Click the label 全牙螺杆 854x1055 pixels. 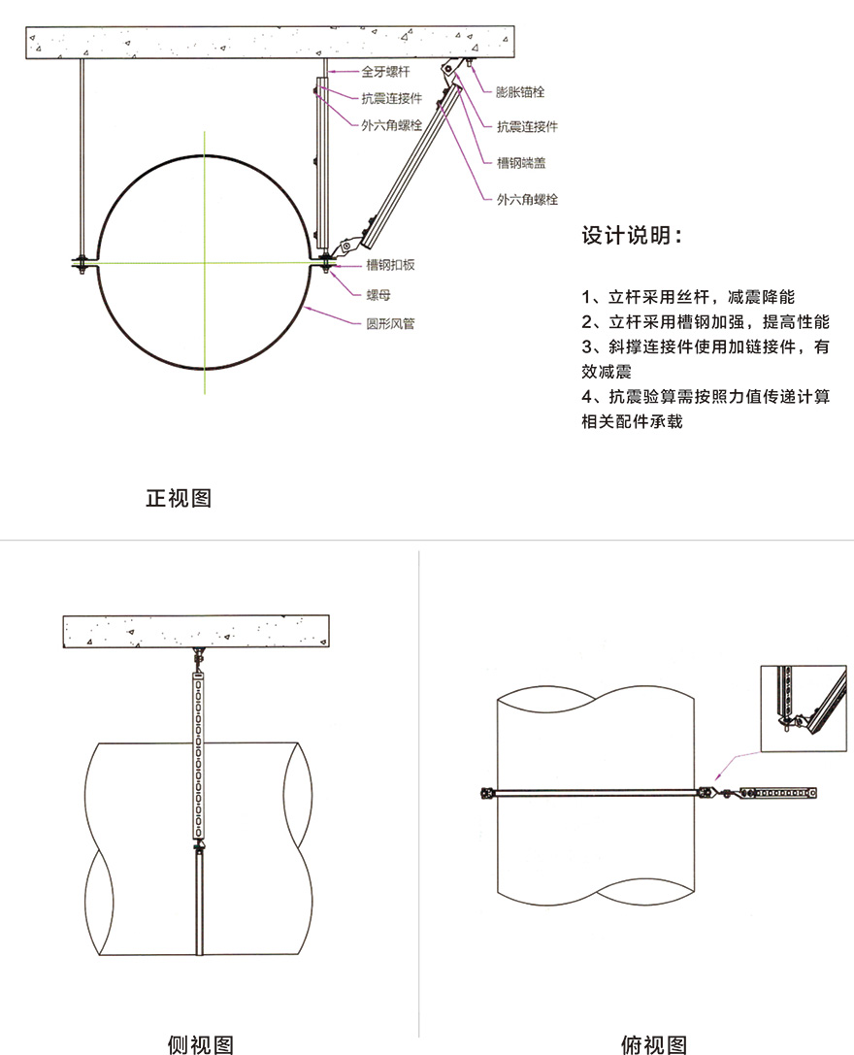pos(385,71)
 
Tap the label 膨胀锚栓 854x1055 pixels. pos(519,91)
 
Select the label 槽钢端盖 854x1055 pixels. pos(521,162)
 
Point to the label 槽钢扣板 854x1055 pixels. pos(390,264)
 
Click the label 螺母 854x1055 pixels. pos(378,295)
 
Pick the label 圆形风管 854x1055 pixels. pos(390,323)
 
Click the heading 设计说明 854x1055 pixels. pos(632,236)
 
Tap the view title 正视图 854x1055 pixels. pos(179,498)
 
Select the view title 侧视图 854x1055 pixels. pos(201,1043)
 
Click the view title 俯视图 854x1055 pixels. pos(653,1043)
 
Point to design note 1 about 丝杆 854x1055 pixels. pos(688,297)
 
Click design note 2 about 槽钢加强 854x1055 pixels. pos(706,321)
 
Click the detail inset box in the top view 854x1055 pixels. pos(804,709)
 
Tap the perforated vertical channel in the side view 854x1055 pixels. pos(199,754)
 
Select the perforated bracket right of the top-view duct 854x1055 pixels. pos(778,793)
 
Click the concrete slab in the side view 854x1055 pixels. pos(196,631)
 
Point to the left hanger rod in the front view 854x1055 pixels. pos(82,158)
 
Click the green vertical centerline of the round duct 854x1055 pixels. pos(205,262)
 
